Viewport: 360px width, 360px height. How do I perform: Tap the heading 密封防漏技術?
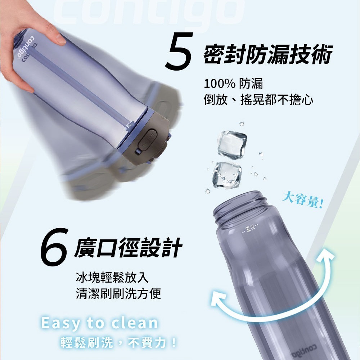point(267,55)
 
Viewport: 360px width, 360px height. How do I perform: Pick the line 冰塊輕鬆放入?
point(112,278)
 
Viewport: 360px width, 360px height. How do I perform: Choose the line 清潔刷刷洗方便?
point(118,294)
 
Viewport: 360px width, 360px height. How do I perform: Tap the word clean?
point(135,323)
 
